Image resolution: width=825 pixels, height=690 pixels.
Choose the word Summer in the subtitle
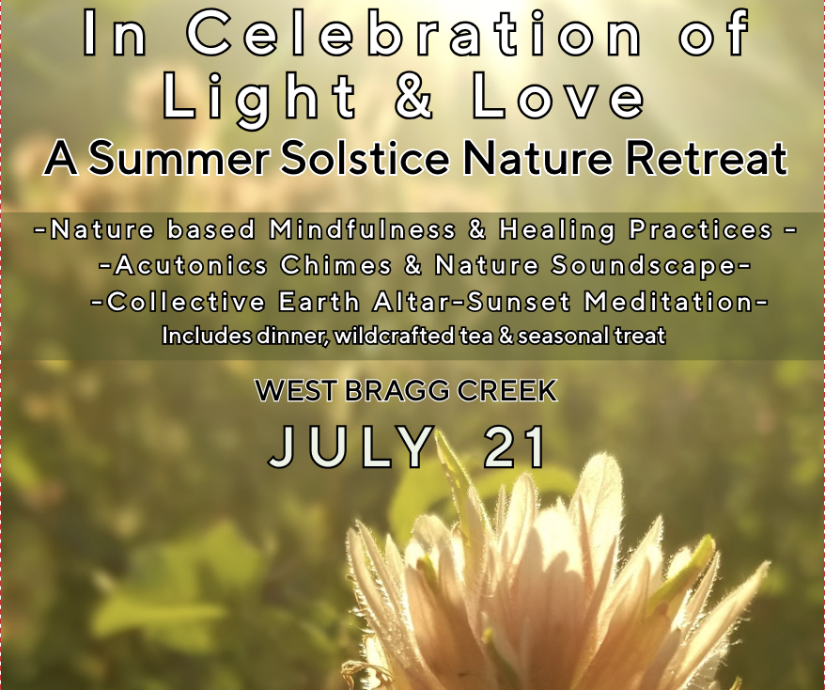click(x=175, y=160)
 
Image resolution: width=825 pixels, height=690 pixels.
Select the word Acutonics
click(x=191, y=266)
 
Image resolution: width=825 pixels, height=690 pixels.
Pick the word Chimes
click(x=335, y=266)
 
